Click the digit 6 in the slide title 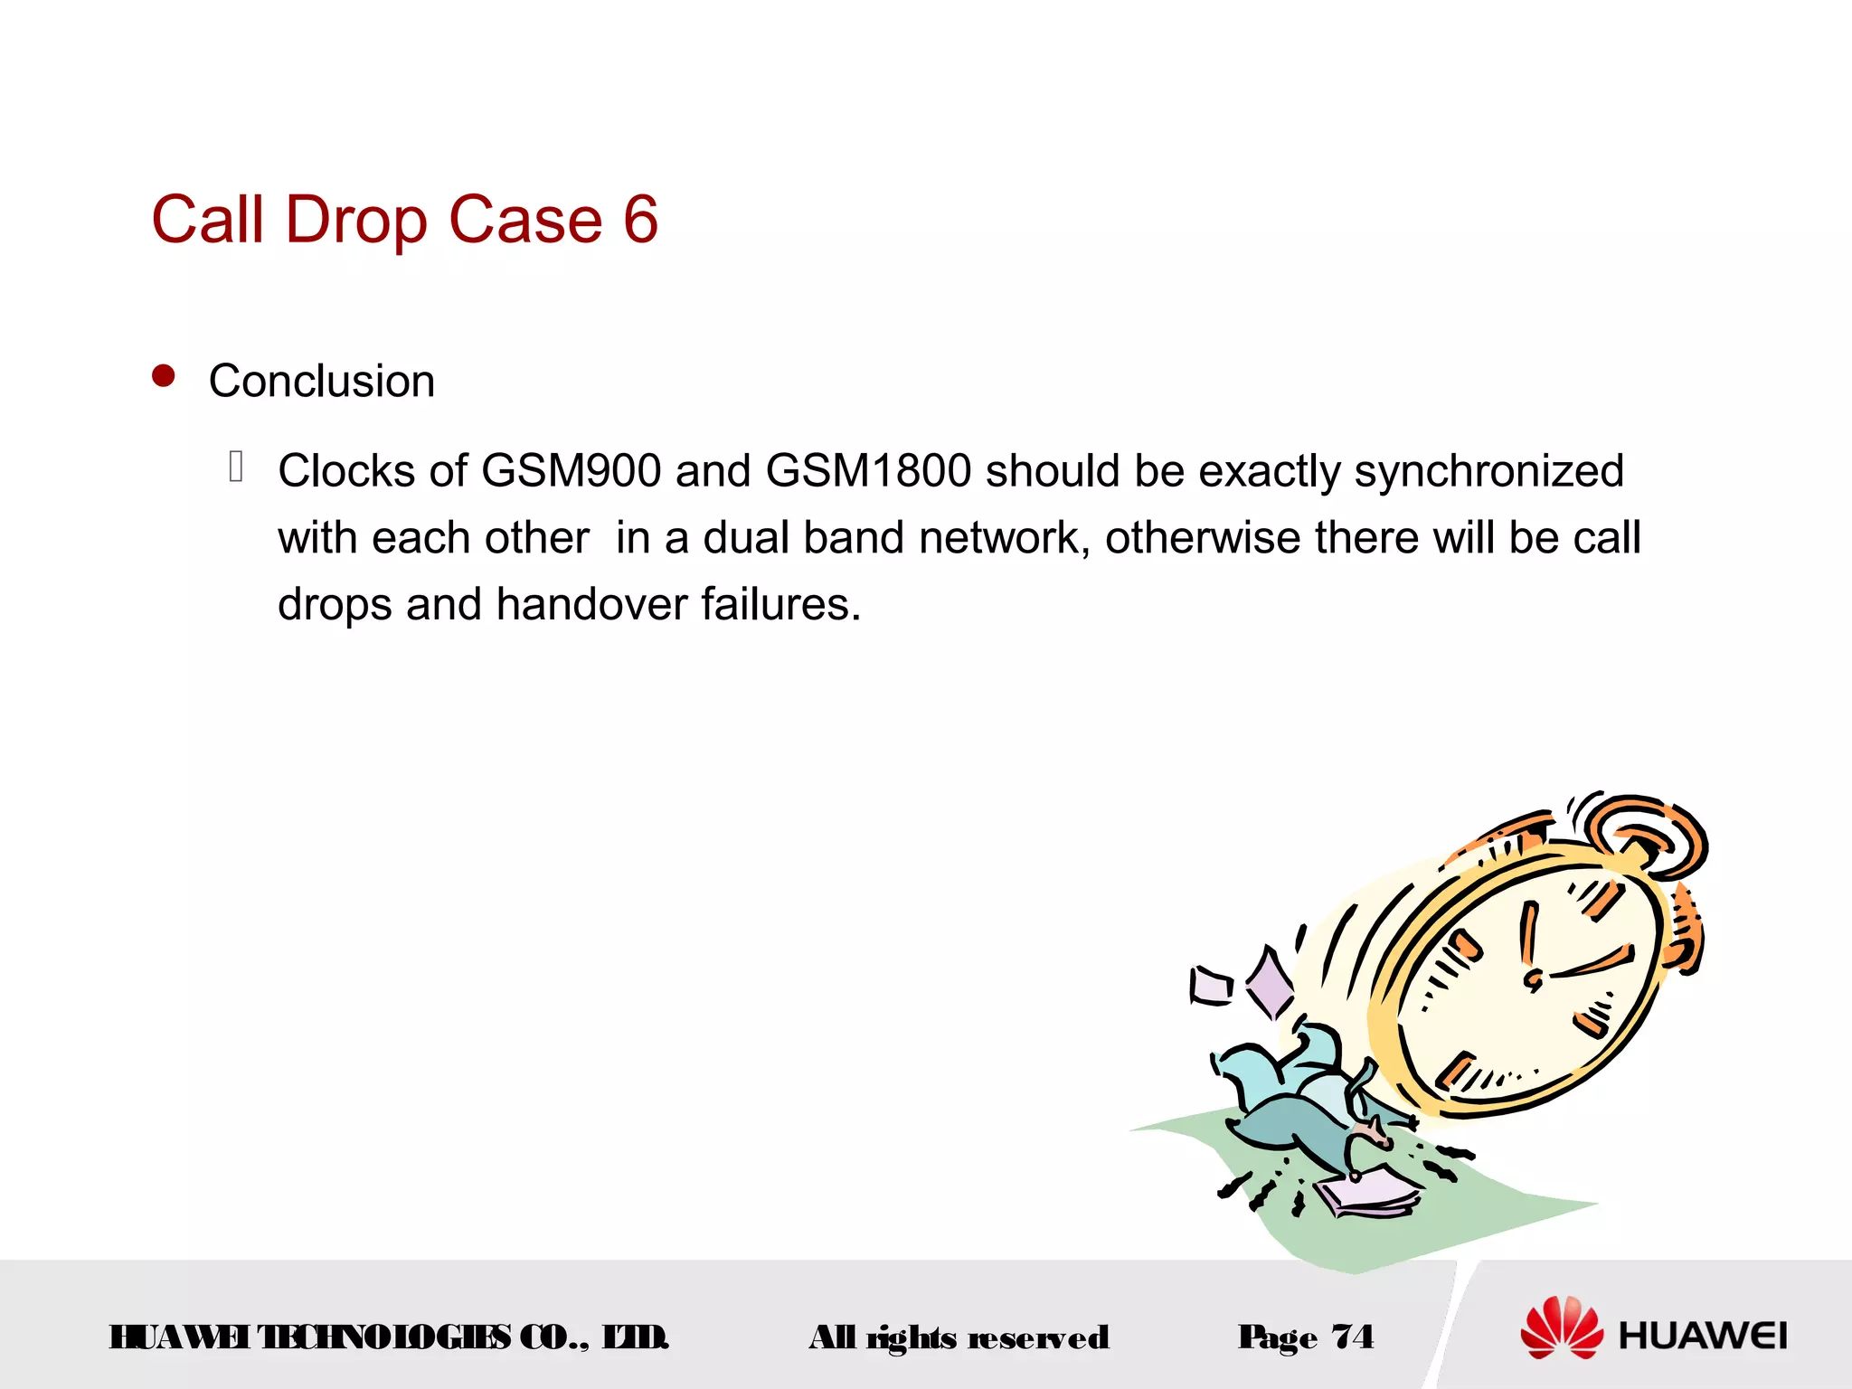coord(640,220)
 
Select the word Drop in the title coord(355,220)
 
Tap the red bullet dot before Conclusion coord(164,375)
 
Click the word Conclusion coord(322,381)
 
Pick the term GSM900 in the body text coord(571,471)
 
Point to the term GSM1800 coord(868,471)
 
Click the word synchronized coord(1488,471)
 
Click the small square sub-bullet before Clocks coord(236,466)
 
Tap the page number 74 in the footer coord(1353,1337)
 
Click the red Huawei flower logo coord(1562,1328)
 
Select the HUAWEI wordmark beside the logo coord(1703,1336)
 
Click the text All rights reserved coord(959,1337)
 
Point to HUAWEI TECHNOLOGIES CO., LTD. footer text coord(389,1337)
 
